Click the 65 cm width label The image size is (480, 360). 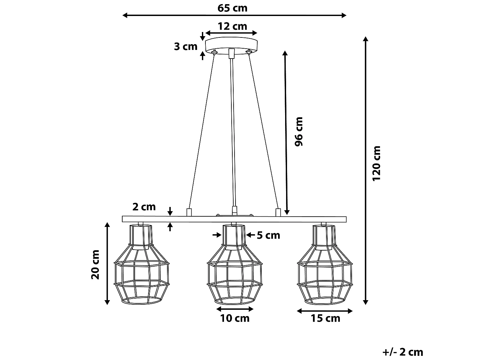pos(233,8)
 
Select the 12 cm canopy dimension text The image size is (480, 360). pos(233,26)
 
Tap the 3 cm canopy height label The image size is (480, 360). pos(186,46)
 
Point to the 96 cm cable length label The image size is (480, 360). pos(298,132)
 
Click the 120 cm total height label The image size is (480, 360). pos(377,163)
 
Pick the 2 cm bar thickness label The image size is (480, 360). pos(144,207)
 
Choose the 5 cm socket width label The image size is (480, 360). pos(268,235)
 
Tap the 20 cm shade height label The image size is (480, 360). pos(96,265)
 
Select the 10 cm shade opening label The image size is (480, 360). pos(235,318)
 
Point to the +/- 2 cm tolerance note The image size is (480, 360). pos(403,352)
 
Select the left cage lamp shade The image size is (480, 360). pos(141,266)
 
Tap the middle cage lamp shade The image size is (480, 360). pos(235,266)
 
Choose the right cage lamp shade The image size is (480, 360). pos(325,266)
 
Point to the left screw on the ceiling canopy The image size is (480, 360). pos(215,52)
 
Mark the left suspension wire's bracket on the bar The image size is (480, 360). pos(189,212)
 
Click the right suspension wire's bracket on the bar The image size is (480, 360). pos(278,212)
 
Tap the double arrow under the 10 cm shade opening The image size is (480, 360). pos(235,309)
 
